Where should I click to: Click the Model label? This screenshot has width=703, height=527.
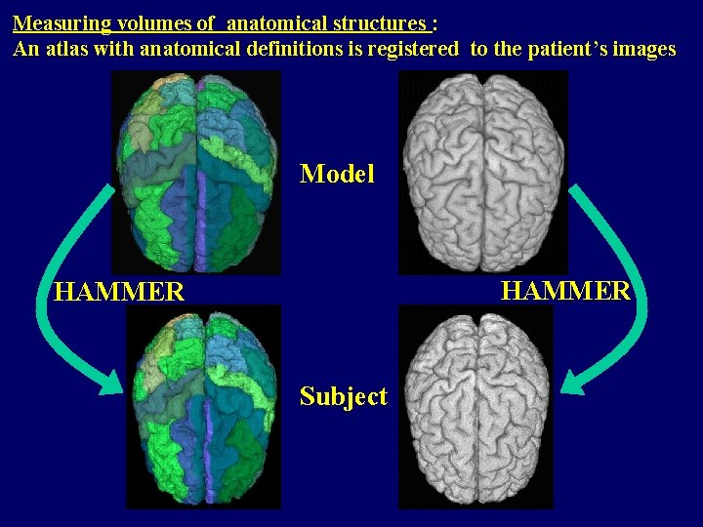tap(337, 174)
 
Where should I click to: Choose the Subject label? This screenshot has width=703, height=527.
tap(343, 396)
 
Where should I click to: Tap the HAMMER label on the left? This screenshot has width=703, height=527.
tap(119, 292)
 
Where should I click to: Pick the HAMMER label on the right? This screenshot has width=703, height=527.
tap(566, 290)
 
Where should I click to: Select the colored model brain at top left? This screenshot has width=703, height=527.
tap(195, 171)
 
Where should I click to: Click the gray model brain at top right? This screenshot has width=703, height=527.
tap(482, 171)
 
